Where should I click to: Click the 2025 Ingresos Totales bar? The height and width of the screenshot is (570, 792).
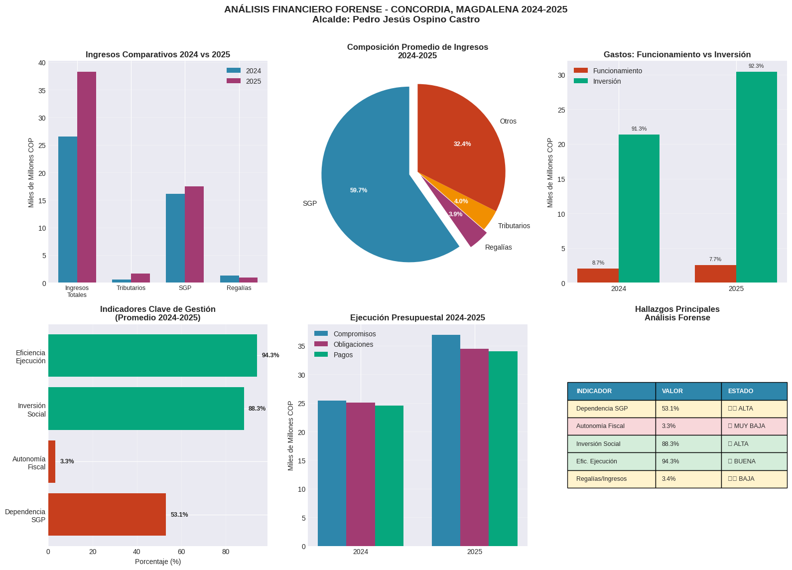[x=87, y=177]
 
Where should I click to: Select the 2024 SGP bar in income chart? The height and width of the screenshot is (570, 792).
[x=175, y=238]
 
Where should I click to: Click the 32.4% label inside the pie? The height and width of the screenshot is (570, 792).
[x=462, y=144]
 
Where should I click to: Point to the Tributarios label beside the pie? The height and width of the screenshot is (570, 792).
[x=514, y=226]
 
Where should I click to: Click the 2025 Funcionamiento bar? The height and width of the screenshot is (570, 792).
[x=715, y=274]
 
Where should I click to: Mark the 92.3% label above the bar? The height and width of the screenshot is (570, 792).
[x=756, y=66]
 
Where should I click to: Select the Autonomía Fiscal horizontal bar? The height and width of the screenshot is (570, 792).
[x=52, y=461]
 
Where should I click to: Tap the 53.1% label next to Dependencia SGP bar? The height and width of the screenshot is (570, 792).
[x=179, y=515]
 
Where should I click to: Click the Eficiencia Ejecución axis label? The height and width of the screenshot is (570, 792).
[x=30, y=357]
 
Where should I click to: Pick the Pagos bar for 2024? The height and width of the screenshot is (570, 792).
[x=389, y=476]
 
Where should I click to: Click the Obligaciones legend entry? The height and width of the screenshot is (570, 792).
[x=353, y=344]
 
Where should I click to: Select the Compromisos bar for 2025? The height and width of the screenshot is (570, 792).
[x=446, y=440]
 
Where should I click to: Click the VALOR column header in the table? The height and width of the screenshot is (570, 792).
[x=672, y=391]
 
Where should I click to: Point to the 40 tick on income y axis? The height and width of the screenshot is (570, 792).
[x=41, y=63]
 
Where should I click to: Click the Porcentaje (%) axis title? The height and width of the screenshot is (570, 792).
[x=158, y=562]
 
